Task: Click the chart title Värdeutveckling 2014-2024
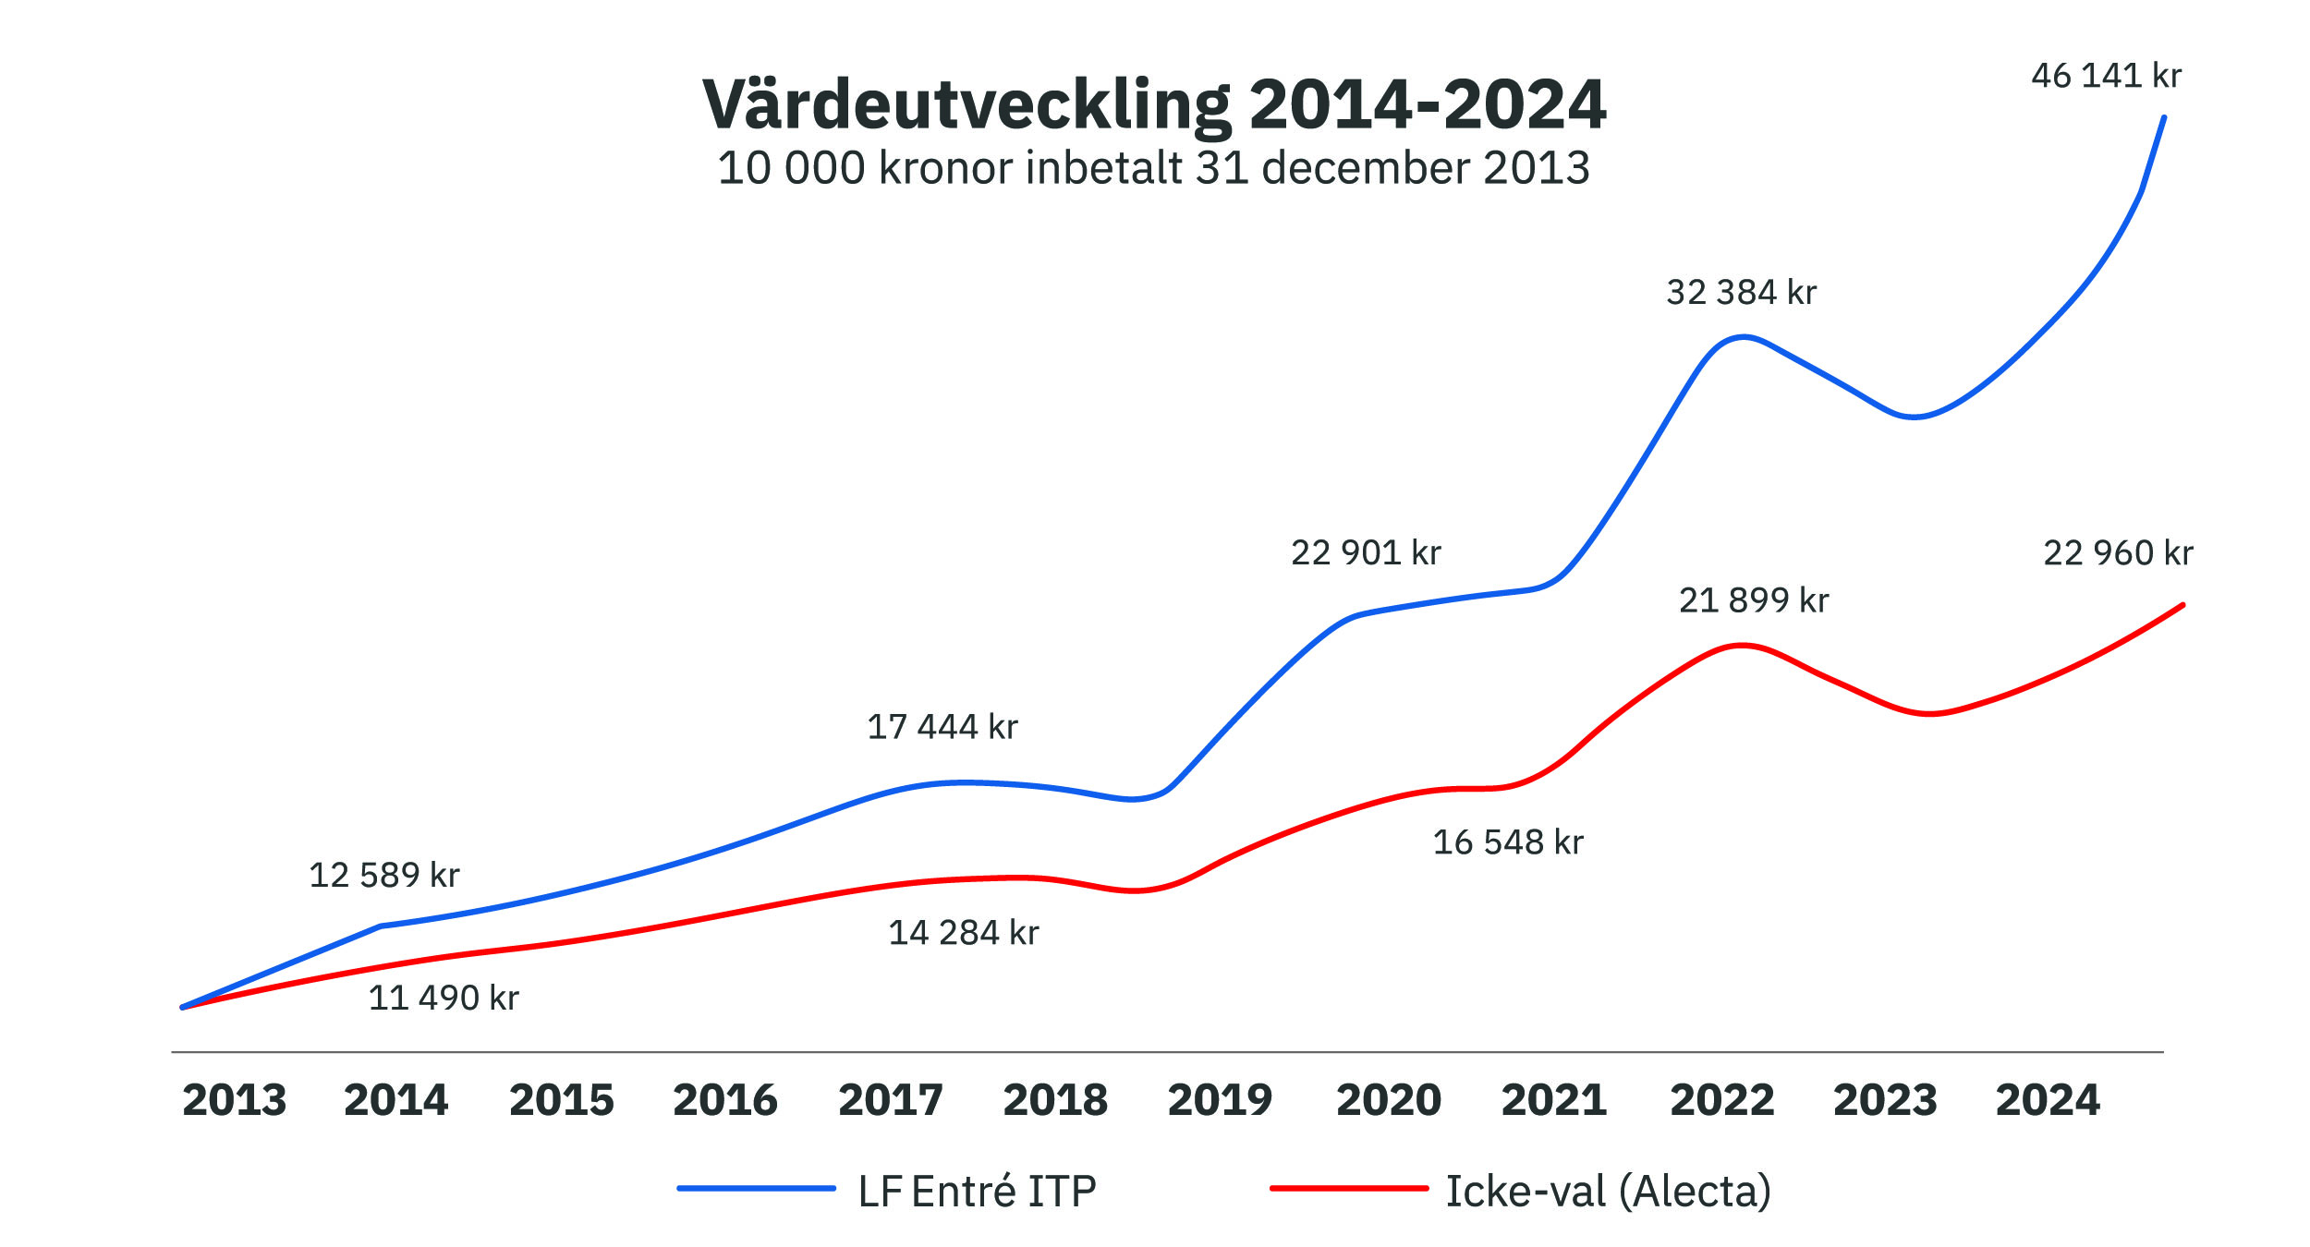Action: tap(1154, 104)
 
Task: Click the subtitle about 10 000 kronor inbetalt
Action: tap(1154, 168)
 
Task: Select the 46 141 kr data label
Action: tap(2106, 76)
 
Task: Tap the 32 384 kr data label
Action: tap(1741, 293)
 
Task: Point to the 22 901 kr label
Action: tap(1366, 553)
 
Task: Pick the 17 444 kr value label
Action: tap(942, 727)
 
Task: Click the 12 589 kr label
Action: tap(383, 875)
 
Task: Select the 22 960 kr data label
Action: tap(2118, 553)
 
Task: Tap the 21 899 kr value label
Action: tap(1754, 600)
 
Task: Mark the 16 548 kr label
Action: tap(1508, 842)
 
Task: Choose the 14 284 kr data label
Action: tap(964, 933)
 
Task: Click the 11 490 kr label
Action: tap(444, 998)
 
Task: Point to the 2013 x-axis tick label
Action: tap(235, 1100)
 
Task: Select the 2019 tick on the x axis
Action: tap(1220, 1100)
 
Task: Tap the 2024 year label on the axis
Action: tap(2048, 1100)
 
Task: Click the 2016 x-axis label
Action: tap(725, 1100)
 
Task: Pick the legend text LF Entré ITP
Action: tap(977, 1192)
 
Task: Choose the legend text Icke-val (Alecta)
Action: tap(1608, 1192)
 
